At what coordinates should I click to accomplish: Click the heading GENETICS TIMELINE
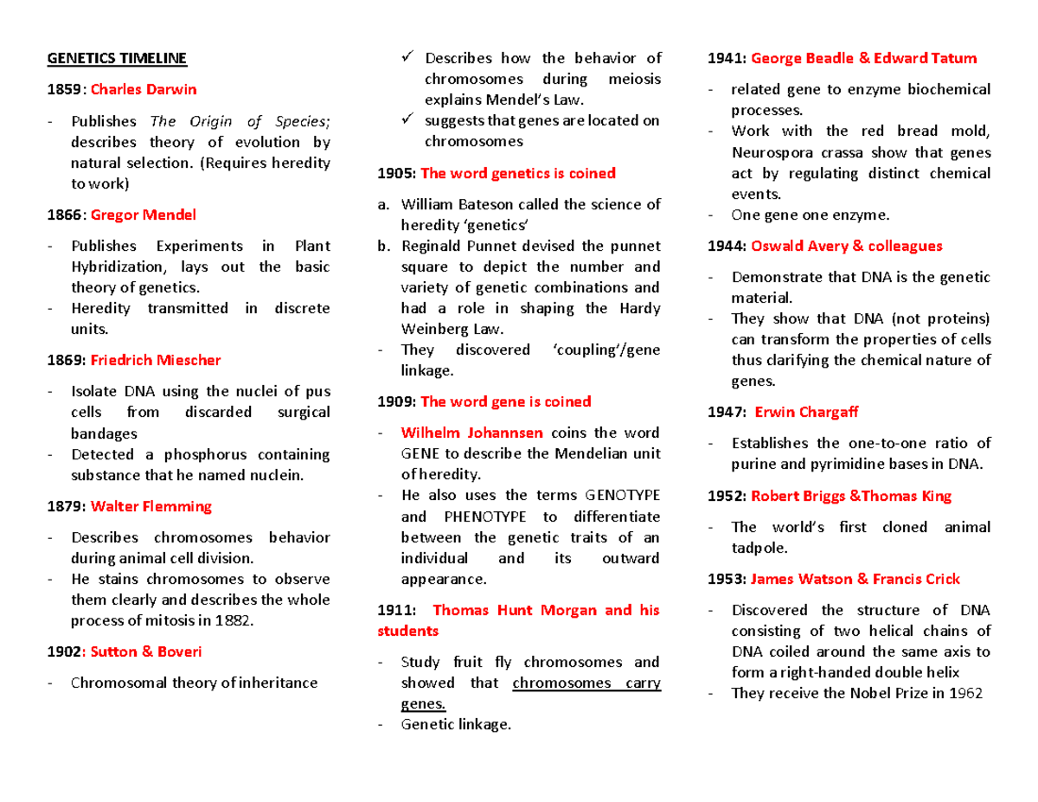[x=116, y=58]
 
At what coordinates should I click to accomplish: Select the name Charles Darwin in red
[x=144, y=89]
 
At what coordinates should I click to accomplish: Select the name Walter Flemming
[x=151, y=505]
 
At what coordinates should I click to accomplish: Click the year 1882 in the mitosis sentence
[x=234, y=620]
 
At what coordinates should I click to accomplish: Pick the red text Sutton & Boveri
[x=146, y=651]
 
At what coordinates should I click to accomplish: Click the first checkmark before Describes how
[x=408, y=58]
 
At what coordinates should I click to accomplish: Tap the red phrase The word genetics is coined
[x=506, y=173]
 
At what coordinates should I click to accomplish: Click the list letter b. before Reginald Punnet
[x=383, y=246]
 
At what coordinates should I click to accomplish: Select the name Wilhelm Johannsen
[x=472, y=433]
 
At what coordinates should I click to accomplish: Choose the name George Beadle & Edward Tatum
[x=864, y=58]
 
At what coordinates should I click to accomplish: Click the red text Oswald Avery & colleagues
[x=847, y=246]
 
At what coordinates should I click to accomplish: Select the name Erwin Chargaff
[x=806, y=412]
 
